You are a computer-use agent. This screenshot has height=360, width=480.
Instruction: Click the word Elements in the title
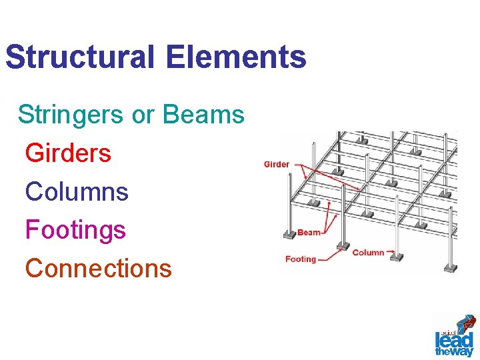click(x=237, y=57)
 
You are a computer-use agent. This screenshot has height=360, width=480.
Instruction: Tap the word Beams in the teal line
click(x=203, y=115)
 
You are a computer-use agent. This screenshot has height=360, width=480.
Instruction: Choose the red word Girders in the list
click(x=68, y=153)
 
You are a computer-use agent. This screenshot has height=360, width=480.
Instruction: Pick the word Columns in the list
click(x=77, y=192)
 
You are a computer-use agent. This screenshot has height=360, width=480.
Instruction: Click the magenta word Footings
click(x=75, y=230)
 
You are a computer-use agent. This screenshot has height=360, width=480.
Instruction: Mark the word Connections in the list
click(x=99, y=269)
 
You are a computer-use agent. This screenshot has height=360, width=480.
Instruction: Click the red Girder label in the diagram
click(x=277, y=164)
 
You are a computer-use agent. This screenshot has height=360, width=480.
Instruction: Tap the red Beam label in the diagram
click(x=309, y=233)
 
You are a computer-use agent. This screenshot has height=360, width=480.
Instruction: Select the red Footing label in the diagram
click(x=301, y=259)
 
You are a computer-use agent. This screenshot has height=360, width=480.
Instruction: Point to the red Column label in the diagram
click(x=368, y=253)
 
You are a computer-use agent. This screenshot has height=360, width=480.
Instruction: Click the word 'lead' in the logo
click(x=453, y=339)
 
